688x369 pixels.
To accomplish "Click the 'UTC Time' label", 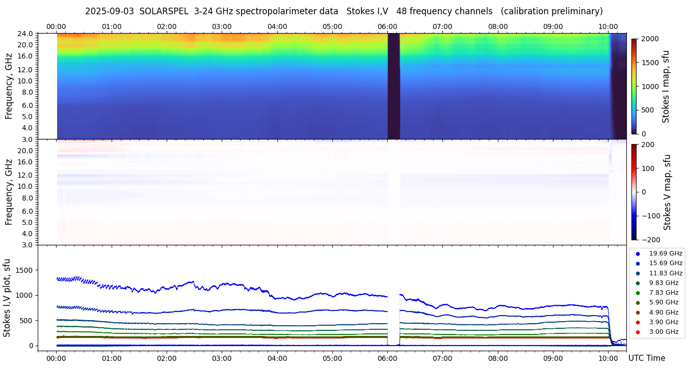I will [x=646, y=358].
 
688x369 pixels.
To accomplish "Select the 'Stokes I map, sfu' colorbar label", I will [x=666, y=87].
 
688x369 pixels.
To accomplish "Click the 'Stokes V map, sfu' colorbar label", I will [x=667, y=192].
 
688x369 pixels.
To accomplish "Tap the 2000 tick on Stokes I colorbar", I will [x=649, y=39].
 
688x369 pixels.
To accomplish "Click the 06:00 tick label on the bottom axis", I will [x=387, y=358].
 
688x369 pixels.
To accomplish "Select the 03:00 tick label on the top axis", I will [x=222, y=26].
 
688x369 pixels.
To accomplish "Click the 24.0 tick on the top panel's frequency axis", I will [x=27, y=34].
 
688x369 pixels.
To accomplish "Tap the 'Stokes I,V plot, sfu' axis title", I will [x=7, y=298].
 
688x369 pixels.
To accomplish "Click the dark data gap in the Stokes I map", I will [x=393, y=87].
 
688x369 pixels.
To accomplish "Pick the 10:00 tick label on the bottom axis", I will [x=608, y=358].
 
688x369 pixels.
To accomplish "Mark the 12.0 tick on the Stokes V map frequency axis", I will [x=27, y=175].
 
